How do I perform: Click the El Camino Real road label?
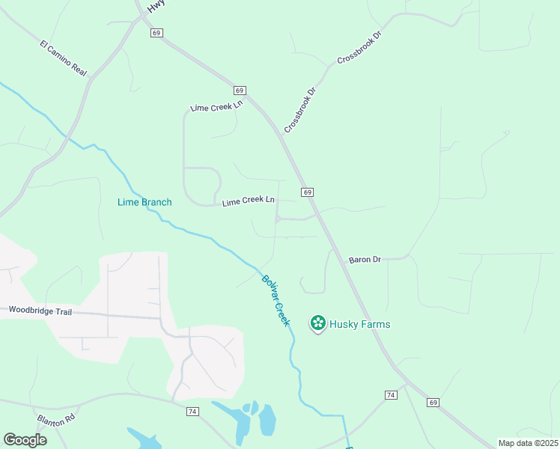click(64, 57)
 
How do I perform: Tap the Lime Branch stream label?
click(144, 202)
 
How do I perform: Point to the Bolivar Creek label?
click(275, 301)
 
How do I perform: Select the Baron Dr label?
click(365, 260)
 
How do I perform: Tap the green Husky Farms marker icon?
click(318, 323)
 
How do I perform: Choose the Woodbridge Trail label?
click(40, 311)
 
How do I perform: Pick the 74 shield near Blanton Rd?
click(193, 412)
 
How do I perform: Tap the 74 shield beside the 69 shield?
click(391, 394)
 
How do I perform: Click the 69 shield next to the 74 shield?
click(433, 402)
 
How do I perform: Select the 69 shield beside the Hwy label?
click(156, 33)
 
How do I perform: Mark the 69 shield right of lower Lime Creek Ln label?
click(308, 192)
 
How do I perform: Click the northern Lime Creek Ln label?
click(217, 107)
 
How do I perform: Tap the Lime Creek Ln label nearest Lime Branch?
click(249, 201)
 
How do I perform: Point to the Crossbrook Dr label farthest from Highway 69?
click(359, 47)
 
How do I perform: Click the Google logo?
click(25, 440)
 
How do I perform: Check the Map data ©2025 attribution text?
click(528, 443)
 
